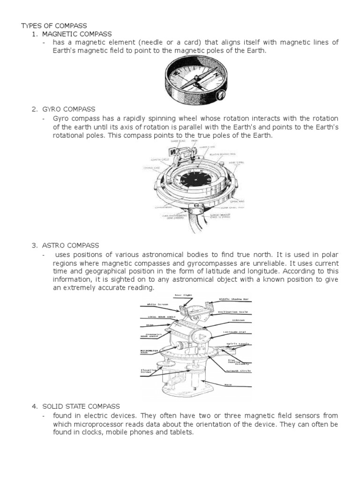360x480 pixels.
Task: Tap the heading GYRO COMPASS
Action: point(70,109)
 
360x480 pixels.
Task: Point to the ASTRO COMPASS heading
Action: point(72,245)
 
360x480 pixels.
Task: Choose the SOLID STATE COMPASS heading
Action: point(81,406)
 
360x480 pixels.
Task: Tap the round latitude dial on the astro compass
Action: point(200,338)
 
